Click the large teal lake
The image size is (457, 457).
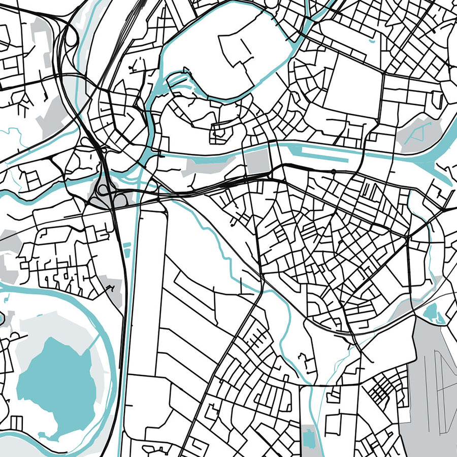click(56, 386)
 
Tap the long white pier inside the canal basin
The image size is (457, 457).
click(325, 153)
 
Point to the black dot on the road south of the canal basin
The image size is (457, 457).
click(333, 172)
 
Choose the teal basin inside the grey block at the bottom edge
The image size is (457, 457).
click(308, 437)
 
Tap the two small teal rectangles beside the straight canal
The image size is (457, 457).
click(126, 247)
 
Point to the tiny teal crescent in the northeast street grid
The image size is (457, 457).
click(373, 39)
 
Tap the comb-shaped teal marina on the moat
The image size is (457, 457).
click(175, 81)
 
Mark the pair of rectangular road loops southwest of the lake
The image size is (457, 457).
click(16, 421)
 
